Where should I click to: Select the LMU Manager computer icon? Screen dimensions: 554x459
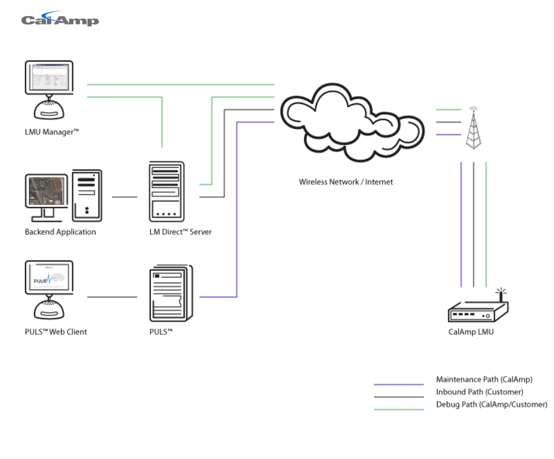pyautogui.click(x=49, y=90)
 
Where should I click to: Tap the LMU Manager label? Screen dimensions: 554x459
pyautogui.click(x=52, y=132)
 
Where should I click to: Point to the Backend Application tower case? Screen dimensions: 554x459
pyautogui.click(x=87, y=195)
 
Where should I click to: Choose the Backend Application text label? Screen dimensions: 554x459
pyautogui.click(x=60, y=232)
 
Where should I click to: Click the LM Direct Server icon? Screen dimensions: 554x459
pyautogui.click(x=167, y=192)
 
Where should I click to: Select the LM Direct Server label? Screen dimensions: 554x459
pyautogui.click(x=180, y=232)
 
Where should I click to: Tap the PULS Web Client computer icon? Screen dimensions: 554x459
pyautogui.click(x=49, y=290)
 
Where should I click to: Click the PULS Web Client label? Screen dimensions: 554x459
pyautogui.click(x=56, y=332)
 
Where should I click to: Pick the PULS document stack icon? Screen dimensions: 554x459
pyautogui.click(x=171, y=293)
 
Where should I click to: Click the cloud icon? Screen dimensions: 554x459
pyautogui.click(x=352, y=123)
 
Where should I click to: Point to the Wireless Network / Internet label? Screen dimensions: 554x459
pyautogui.click(x=346, y=182)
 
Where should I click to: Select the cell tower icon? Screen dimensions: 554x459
pyautogui.click(x=473, y=128)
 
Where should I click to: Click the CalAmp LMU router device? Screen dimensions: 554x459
pyautogui.click(x=478, y=305)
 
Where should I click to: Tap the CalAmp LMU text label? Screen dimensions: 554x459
pyautogui.click(x=471, y=332)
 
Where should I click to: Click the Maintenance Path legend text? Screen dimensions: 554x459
pyautogui.click(x=484, y=380)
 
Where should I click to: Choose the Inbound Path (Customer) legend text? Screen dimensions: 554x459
pyautogui.click(x=480, y=392)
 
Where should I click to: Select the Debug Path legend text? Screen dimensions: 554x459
pyautogui.click(x=492, y=405)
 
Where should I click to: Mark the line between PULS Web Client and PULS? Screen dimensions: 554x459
pyautogui.click(x=112, y=297)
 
